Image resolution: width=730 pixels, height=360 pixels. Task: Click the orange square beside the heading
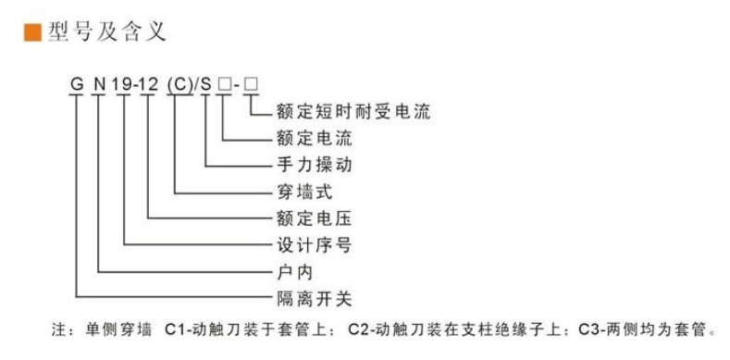pyautogui.click(x=33, y=32)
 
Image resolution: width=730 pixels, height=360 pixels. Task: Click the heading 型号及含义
pyautogui.click(x=107, y=32)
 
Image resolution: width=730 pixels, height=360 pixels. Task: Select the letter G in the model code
pyautogui.click(x=77, y=85)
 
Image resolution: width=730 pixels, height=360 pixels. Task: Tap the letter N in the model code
pyautogui.click(x=99, y=85)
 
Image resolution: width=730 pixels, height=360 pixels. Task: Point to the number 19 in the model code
pyautogui.click(x=123, y=85)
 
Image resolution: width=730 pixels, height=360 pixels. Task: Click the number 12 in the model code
pyautogui.click(x=149, y=85)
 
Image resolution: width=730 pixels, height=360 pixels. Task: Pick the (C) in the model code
pyautogui.click(x=179, y=85)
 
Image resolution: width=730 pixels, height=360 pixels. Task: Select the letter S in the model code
pyautogui.click(x=206, y=85)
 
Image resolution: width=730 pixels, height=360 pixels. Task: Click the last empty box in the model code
pyautogui.click(x=251, y=85)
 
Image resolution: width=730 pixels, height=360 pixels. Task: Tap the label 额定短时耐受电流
pyautogui.click(x=353, y=112)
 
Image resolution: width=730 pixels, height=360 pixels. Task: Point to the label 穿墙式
pyautogui.click(x=304, y=192)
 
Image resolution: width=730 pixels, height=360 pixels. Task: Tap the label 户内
pyautogui.click(x=295, y=272)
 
